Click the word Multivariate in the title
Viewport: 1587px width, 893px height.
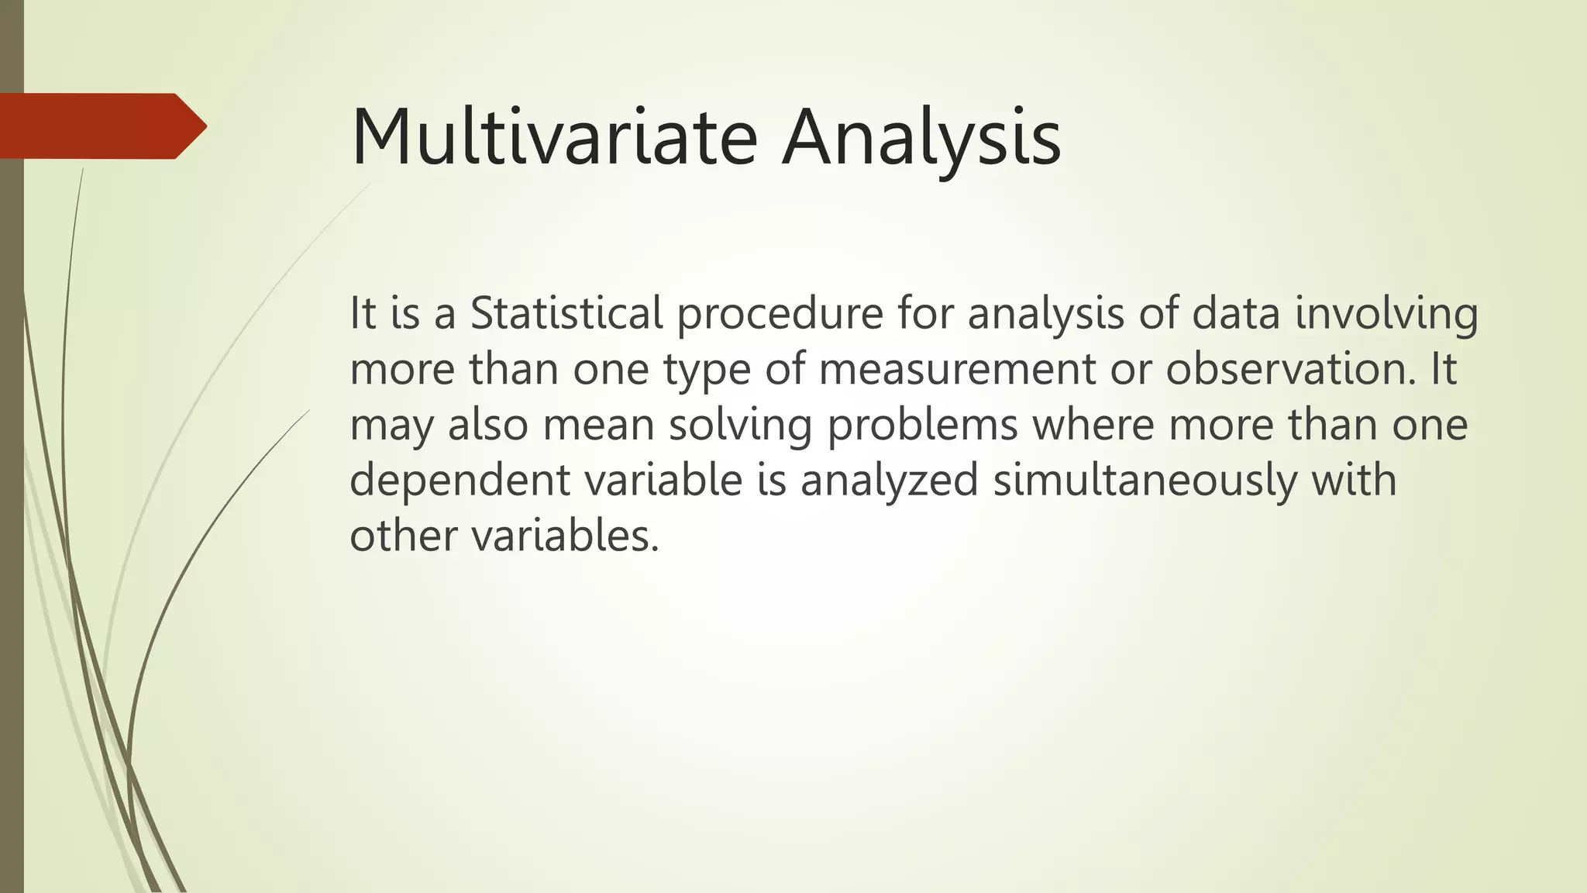(553, 138)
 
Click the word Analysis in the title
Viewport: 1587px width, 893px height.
(921, 138)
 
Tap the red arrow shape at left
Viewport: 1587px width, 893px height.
(101, 126)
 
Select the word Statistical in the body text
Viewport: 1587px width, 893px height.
(566, 313)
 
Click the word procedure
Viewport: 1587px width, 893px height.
(780, 313)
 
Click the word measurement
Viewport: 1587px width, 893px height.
(956, 369)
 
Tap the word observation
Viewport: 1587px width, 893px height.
(1291, 369)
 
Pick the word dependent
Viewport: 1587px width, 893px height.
(460, 481)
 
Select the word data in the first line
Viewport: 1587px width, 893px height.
(1235, 313)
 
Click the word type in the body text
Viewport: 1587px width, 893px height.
(707, 371)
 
